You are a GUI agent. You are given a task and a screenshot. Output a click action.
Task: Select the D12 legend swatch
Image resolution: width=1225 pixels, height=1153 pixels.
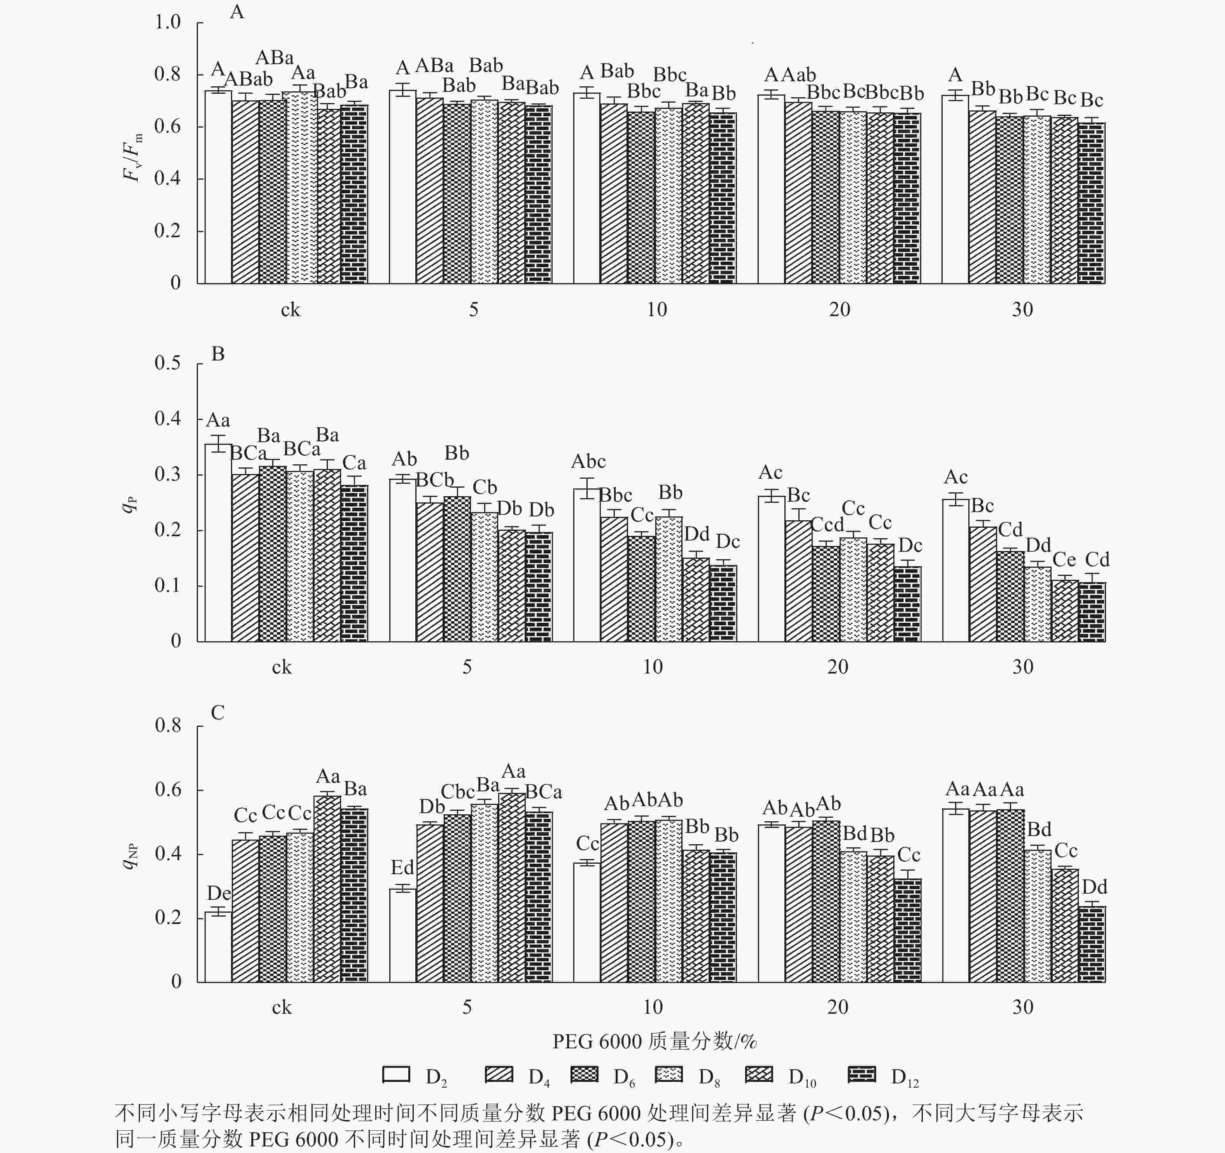(861, 1074)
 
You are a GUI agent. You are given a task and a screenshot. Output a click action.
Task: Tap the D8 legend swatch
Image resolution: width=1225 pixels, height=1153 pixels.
(668, 1074)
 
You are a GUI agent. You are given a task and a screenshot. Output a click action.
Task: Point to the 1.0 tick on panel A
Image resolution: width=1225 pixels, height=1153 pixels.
(168, 23)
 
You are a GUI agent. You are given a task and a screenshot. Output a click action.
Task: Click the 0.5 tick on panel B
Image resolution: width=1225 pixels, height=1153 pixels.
(168, 363)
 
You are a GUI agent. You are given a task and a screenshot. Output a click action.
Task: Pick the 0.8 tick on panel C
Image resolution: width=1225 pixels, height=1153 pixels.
(168, 725)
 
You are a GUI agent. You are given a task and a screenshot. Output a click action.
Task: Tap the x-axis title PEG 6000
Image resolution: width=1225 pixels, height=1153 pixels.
(654, 1041)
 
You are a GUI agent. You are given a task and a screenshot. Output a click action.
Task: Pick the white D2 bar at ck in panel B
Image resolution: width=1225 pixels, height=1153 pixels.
(218, 542)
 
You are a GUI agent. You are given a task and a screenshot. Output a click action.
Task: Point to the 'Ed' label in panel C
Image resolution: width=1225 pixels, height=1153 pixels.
(402, 868)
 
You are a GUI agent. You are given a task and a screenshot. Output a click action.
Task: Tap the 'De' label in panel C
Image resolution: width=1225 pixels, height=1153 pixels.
(219, 893)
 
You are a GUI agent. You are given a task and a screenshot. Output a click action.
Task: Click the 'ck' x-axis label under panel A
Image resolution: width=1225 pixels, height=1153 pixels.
(290, 310)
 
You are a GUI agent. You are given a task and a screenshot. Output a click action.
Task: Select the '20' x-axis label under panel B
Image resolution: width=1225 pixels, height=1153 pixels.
(837, 667)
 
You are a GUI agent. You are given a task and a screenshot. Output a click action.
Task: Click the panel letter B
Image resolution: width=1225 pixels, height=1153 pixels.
(218, 354)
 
